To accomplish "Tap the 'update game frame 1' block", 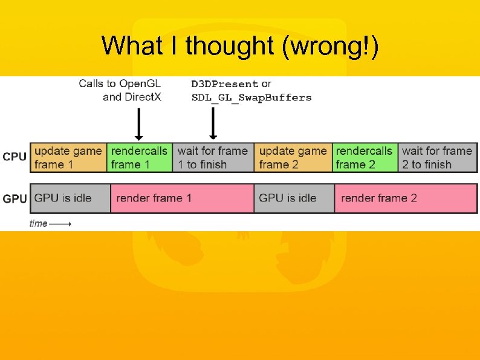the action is tap(68, 157).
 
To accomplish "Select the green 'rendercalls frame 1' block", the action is tap(140, 157).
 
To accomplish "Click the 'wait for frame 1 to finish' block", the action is tap(213, 157).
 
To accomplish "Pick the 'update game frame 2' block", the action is tap(293, 157).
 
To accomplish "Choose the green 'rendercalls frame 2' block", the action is tap(365, 157).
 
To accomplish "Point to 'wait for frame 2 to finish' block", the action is tap(437, 157).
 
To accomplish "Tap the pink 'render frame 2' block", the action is tap(405, 198).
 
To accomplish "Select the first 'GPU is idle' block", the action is tap(70, 198).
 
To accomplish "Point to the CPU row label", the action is tap(15, 157).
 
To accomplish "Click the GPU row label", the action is tap(15, 198).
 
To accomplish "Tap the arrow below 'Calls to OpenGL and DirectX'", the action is tap(138, 124).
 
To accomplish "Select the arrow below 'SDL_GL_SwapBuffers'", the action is tap(213, 124).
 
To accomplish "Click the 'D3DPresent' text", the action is tap(225, 84).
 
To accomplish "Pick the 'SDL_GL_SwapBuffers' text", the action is tap(251, 97).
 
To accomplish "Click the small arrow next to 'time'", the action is tap(60, 224).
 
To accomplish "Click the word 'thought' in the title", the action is tap(230, 46).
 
